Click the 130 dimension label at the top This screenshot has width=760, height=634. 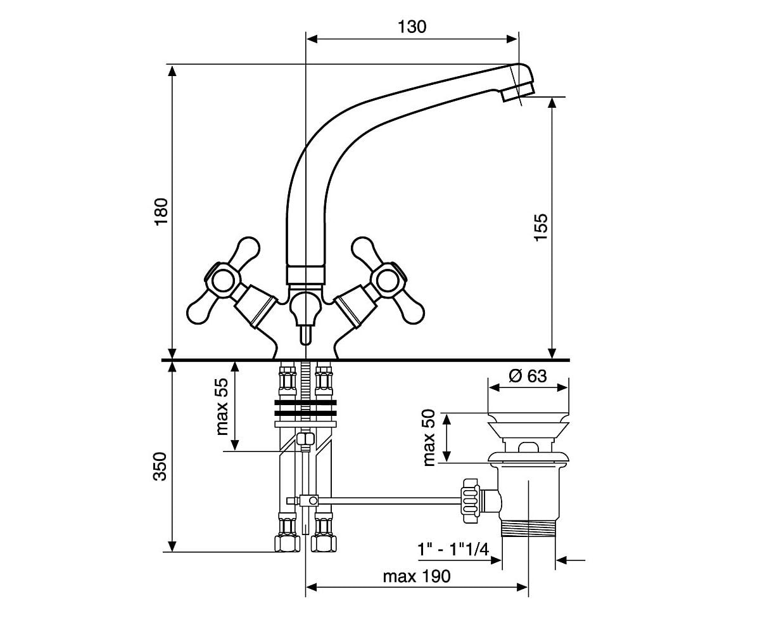point(412,27)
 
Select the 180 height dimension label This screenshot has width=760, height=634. point(161,212)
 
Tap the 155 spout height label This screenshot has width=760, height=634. point(540,226)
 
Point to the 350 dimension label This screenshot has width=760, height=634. point(160,467)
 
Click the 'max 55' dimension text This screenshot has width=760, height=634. point(222,406)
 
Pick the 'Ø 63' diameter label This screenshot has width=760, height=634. point(528,376)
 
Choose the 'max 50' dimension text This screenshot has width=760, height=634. point(429,438)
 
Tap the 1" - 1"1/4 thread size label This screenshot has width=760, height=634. point(453,550)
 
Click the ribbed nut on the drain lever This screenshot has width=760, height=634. point(471,501)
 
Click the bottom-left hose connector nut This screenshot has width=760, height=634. point(287,543)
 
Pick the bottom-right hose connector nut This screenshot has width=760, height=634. point(324,543)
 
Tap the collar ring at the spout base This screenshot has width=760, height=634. point(305,275)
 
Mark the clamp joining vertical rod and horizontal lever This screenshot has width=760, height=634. point(308,500)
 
